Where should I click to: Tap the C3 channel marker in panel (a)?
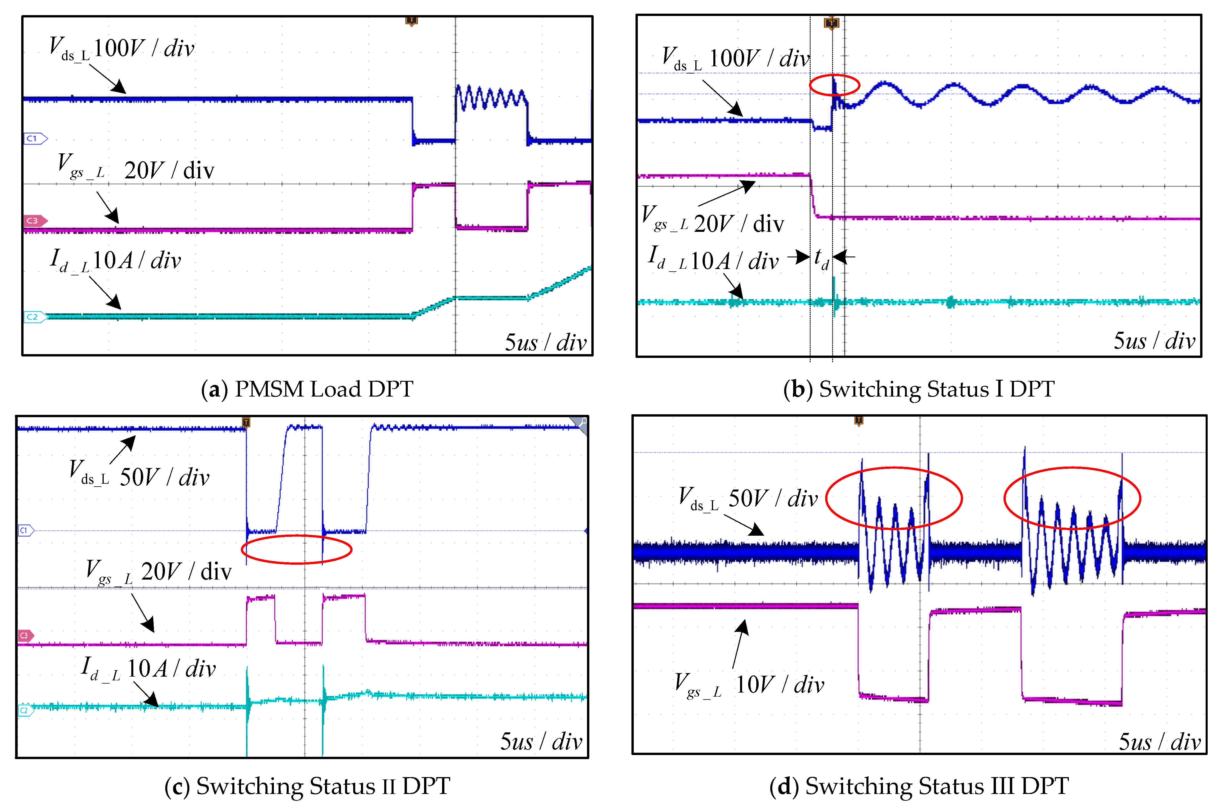35,221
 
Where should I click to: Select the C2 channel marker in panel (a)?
35,317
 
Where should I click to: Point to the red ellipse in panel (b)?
834,85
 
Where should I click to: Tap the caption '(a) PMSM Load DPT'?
307,389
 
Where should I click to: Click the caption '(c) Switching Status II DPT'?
307,786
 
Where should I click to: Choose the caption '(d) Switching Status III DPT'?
919,786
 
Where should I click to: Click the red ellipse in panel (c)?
297,549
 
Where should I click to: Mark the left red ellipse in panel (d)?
894,498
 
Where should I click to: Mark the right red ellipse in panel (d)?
1072,498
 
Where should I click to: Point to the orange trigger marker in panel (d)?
859,421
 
